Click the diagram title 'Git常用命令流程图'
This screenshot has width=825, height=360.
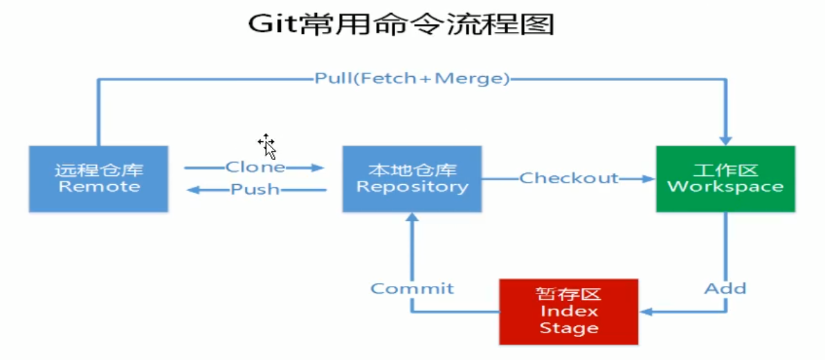click(x=401, y=24)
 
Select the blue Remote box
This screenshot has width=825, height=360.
click(x=98, y=179)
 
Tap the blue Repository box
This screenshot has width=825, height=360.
click(x=412, y=179)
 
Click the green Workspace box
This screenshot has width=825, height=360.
click(x=725, y=179)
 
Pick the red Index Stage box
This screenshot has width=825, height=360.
click(x=568, y=311)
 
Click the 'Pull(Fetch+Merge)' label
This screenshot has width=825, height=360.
click(x=412, y=79)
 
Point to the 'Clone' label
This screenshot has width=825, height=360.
click(x=255, y=168)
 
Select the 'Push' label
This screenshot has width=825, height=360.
click(x=255, y=189)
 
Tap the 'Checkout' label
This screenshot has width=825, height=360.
click(x=569, y=179)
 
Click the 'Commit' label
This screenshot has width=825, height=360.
click(x=412, y=288)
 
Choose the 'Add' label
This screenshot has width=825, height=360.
click(x=725, y=288)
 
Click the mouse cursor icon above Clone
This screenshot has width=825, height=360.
click(x=267, y=146)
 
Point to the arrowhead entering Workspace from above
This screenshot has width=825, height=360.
click(x=725, y=139)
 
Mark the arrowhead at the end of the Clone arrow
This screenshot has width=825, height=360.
click(x=318, y=168)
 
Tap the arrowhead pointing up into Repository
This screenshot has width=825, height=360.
click(x=412, y=219)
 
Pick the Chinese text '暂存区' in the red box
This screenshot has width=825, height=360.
click(x=568, y=294)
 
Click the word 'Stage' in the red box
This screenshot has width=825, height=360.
click(x=568, y=328)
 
